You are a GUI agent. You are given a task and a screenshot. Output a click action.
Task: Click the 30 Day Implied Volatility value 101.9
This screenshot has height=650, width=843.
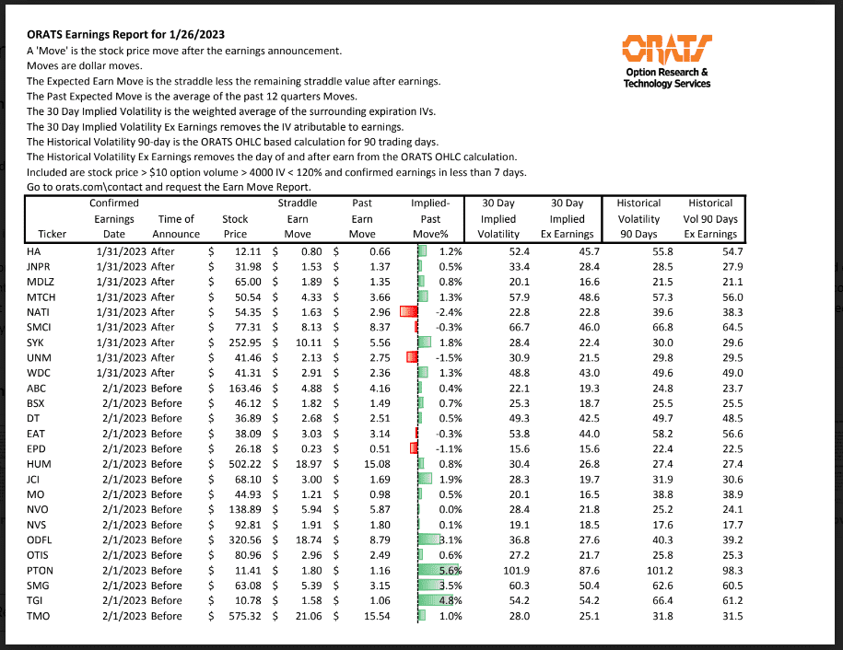[x=501, y=570]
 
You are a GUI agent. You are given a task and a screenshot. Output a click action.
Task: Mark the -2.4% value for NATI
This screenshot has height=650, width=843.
[x=446, y=312]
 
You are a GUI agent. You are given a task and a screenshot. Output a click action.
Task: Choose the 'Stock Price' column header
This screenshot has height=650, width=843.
[x=235, y=226]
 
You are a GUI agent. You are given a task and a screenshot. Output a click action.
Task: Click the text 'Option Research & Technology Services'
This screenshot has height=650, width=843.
[x=667, y=77]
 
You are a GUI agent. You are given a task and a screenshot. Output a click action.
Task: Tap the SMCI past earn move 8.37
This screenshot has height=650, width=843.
[x=366, y=327]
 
